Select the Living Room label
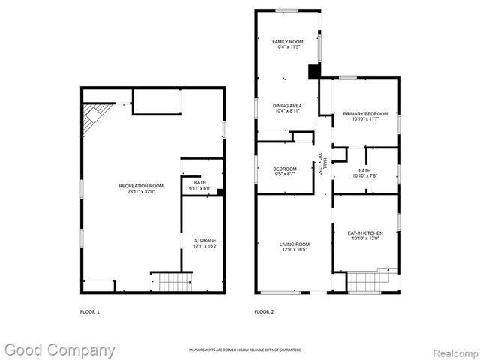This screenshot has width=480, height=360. click(295, 247)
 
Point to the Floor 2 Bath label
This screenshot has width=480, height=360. click(365, 173)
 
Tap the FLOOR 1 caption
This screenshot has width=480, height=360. click(89, 311)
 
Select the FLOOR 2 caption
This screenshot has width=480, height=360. click(264, 311)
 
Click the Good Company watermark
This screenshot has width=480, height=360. click(59, 349)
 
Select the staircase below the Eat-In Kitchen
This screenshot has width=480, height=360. click(367, 282)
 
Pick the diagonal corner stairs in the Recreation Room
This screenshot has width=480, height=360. click(95, 115)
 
